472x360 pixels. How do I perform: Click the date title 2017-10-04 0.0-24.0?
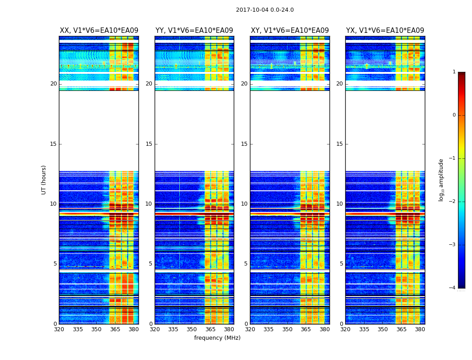(265, 10)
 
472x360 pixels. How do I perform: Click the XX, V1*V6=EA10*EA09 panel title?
(99, 31)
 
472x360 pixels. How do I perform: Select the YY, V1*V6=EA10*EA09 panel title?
(194, 31)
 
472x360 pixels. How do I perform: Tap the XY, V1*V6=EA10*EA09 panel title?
(290, 31)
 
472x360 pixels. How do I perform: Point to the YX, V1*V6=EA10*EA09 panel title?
(385, 31)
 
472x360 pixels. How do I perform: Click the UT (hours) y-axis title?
(44, 180)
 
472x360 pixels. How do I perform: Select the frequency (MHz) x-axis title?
(217, 338)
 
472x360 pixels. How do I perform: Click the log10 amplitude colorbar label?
(441, 180)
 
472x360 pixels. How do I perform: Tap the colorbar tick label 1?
(454, 72)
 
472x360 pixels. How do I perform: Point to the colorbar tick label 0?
(454, 115)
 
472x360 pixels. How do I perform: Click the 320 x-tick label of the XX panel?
(59, 329)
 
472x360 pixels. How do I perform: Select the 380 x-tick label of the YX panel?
(420, 329)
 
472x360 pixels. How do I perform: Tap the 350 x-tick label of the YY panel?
(192, 329)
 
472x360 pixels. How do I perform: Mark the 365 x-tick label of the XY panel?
(306, 329)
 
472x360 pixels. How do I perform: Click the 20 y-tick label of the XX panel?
(53, 84)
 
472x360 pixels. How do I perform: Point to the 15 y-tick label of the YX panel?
(340, 144)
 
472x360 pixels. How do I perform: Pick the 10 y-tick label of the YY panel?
(149, 204)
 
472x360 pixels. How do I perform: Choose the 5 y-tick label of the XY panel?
(246, 264)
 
